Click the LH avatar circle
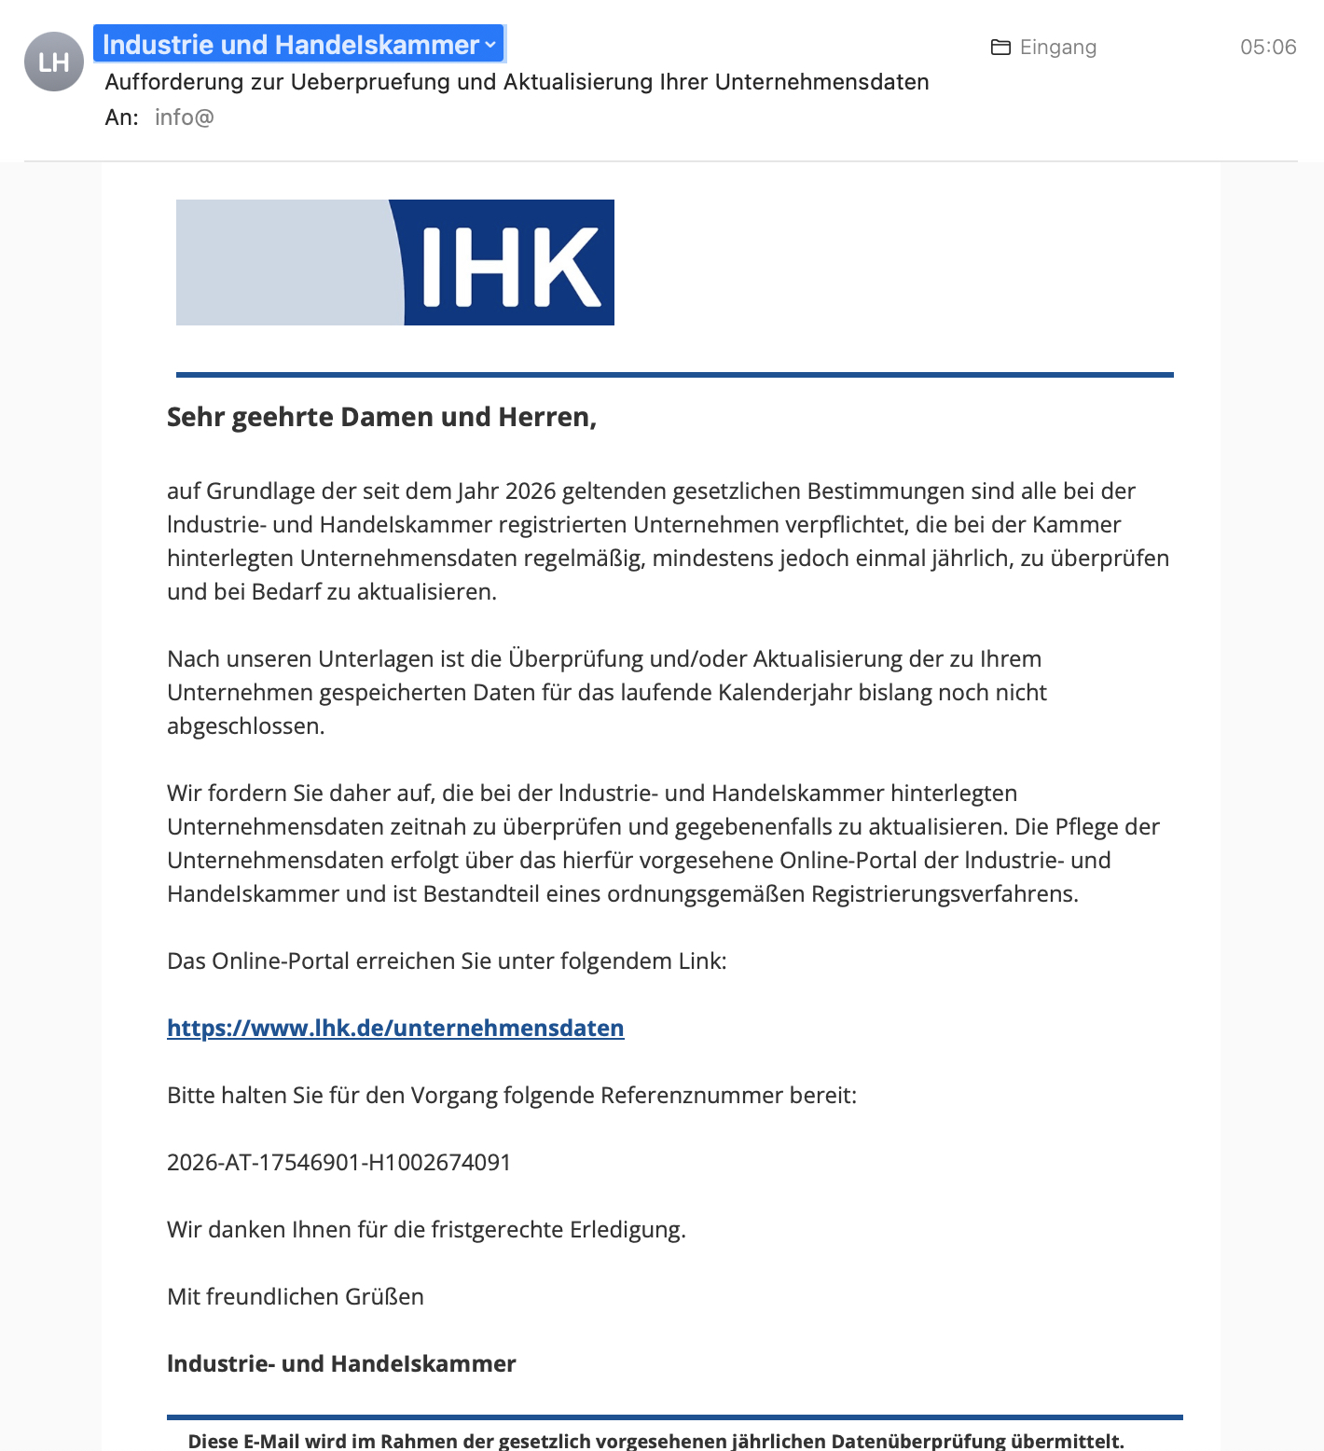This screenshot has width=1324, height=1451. tap(54, 62)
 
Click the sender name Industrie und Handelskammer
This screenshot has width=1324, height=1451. tap(290, 45)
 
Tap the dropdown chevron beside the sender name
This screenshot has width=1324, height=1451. tap(490, 45)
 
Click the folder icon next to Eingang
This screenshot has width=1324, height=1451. tap(1000, 48)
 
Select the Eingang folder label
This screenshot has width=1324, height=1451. tap(1057, 48)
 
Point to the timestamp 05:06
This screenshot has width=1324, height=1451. tap(1267, 48)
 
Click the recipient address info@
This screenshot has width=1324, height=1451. tap(184, 117)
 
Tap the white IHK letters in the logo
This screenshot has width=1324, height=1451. tap(510, 267)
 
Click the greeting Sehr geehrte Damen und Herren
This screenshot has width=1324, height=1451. tap(381, 417)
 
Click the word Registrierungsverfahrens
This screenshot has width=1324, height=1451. tap(944, 894)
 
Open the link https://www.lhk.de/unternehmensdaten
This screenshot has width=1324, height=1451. tap(395, 1028)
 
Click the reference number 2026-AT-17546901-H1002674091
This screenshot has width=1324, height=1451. tap(338, 1163)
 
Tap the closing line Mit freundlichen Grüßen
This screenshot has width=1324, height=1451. tap(295, 1297)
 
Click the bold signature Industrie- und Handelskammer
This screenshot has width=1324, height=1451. tap(341, 1364)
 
